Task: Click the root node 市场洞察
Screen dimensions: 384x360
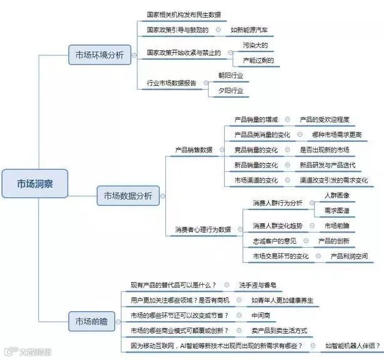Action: tap(34, 183)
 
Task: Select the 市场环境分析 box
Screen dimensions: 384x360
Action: tap(100, 55)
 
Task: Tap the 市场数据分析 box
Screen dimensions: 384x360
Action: tap(127, 196)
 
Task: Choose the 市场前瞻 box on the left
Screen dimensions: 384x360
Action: tap(92, 322)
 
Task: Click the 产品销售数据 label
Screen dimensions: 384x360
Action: tap(193, 150)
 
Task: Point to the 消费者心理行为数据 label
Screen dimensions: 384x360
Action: tap(202, 230)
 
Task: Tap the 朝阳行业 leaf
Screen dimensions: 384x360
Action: tap(231, 75)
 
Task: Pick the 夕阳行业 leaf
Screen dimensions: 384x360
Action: tap(231, 90)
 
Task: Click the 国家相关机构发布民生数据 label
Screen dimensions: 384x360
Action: tap(184, 14)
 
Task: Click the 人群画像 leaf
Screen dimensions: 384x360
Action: tap(336, 196)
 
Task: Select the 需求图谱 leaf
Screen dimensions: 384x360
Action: tap(336, 210)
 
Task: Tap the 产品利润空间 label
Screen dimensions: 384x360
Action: tap(350, 256)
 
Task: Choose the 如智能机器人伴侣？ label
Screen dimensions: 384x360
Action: tap(353, 346)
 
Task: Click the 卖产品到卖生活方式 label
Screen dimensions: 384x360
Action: tap(278, 331)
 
